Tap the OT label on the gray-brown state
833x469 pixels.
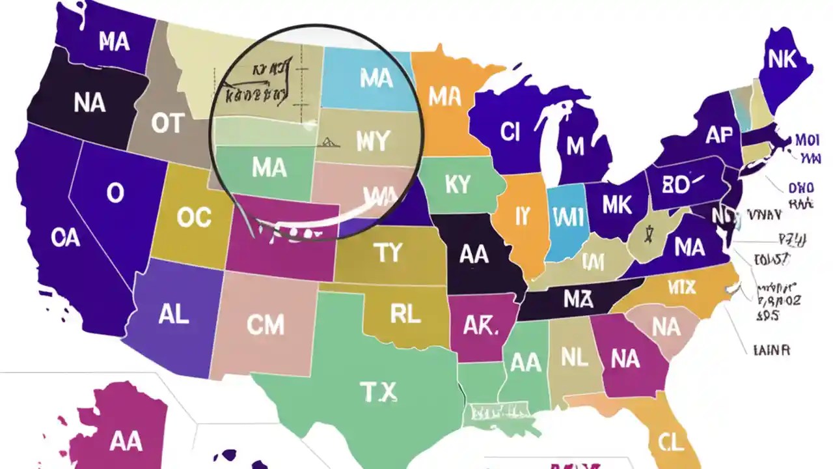167,124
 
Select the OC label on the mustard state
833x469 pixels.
194,219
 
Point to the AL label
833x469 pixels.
173,315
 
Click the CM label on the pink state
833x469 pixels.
266,324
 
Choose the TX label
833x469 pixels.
378,392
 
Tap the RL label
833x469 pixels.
405,315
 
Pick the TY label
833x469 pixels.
388,253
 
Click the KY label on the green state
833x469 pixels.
457,184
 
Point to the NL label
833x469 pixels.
575,356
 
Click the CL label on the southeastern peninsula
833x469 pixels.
671,443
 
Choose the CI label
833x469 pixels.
510,132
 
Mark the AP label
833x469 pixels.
718,135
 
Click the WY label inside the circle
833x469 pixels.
372,141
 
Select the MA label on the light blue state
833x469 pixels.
376,79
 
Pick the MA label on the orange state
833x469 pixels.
444,98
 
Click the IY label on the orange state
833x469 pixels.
521,217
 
